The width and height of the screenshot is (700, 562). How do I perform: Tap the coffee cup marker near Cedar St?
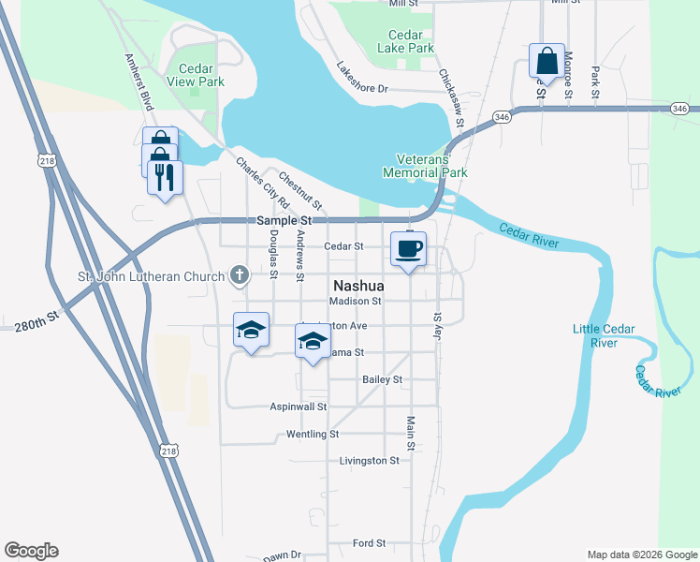point(408,250)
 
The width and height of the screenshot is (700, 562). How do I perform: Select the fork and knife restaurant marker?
point(166,178)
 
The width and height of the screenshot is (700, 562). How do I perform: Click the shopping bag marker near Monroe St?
point(547,63)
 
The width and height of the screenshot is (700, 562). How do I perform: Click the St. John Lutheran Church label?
point(151,276)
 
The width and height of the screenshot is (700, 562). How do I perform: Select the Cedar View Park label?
point(195,76)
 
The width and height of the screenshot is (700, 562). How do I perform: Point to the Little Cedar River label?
point(604,335)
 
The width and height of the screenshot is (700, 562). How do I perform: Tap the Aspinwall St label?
point(299,407)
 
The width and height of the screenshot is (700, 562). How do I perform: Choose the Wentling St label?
point(313,435)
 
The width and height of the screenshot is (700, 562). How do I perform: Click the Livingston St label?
point(369,461)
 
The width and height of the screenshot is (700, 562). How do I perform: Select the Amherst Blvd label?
point(139,81)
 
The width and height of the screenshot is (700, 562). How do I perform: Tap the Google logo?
point(31,551)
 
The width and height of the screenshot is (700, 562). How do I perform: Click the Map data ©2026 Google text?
point(641,555)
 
